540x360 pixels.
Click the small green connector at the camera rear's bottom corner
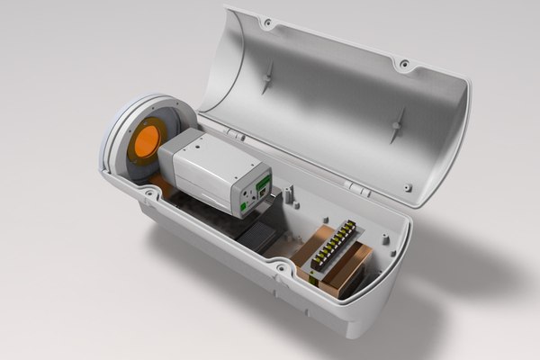point(245,208)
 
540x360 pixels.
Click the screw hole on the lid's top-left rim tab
point(267,20)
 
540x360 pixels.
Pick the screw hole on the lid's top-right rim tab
point(403,64)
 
